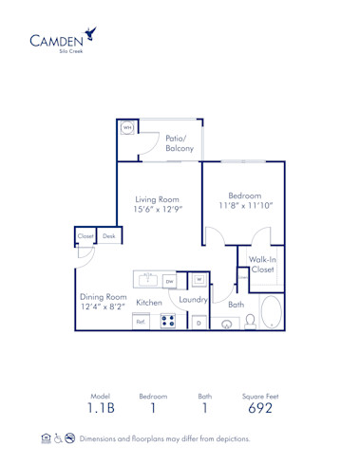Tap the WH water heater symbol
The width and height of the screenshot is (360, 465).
(x=127, y=128)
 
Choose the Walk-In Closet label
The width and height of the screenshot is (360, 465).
(x=262, y=264)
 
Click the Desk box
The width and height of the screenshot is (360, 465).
(x=109, y=236)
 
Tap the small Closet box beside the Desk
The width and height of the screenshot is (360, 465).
(x=85, y=236)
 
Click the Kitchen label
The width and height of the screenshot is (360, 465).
(x=148, y=302)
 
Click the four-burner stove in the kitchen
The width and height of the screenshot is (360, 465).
(x=168, y=322)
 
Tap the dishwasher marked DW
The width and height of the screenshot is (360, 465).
(x=169, y=281)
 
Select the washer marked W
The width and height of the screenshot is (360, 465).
(x=199, y=280)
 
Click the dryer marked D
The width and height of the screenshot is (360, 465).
(x=199, y=323)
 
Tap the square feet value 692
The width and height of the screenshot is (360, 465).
(x=259, y=409)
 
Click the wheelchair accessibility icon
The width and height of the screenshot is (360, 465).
(x=59, y=438)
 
